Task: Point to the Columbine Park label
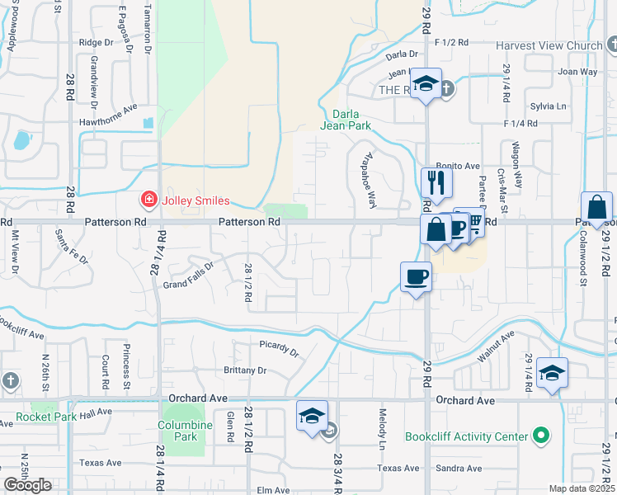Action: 178,431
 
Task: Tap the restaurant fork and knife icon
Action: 436,182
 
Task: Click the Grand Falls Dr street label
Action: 188,275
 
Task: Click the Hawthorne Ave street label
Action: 108,114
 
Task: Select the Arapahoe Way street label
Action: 368,179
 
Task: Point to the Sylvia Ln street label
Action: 549,106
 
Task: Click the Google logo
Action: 27,485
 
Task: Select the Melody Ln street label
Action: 383,428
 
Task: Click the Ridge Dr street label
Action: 97,42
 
